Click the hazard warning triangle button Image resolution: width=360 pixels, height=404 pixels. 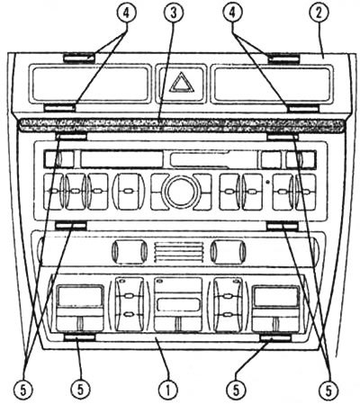click(182, 82)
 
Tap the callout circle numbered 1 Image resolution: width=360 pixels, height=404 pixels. click(168, 391)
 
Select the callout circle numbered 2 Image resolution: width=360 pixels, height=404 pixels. click(319, 13)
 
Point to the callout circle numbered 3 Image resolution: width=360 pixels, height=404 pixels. click(173, 13)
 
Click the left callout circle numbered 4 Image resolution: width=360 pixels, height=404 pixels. click(126, 13)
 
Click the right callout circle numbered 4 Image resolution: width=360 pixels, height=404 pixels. click(233, 13)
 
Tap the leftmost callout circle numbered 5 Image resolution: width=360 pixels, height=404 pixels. click(23, 391)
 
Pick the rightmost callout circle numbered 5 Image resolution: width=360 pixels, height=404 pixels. click(328, 391)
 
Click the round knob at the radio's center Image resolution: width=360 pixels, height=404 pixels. click(181, 192)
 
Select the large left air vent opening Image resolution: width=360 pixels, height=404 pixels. click(90, 84)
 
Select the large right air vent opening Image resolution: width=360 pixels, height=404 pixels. click(271, 84)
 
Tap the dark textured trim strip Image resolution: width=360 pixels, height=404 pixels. click(180, 125)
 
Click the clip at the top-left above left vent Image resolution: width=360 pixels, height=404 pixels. click(79, 58)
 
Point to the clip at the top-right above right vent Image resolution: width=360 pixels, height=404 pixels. click(283, 58)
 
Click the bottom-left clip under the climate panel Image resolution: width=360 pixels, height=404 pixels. click(80, 337)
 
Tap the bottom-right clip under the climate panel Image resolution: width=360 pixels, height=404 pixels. click(275, 338)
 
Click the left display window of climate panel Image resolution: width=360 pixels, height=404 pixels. click(80, 296)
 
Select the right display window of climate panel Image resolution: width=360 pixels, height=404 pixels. click(276, 296)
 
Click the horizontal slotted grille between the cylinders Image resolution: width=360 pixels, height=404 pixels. click(177, 251)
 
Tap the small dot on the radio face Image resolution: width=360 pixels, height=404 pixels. click(267, 182)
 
